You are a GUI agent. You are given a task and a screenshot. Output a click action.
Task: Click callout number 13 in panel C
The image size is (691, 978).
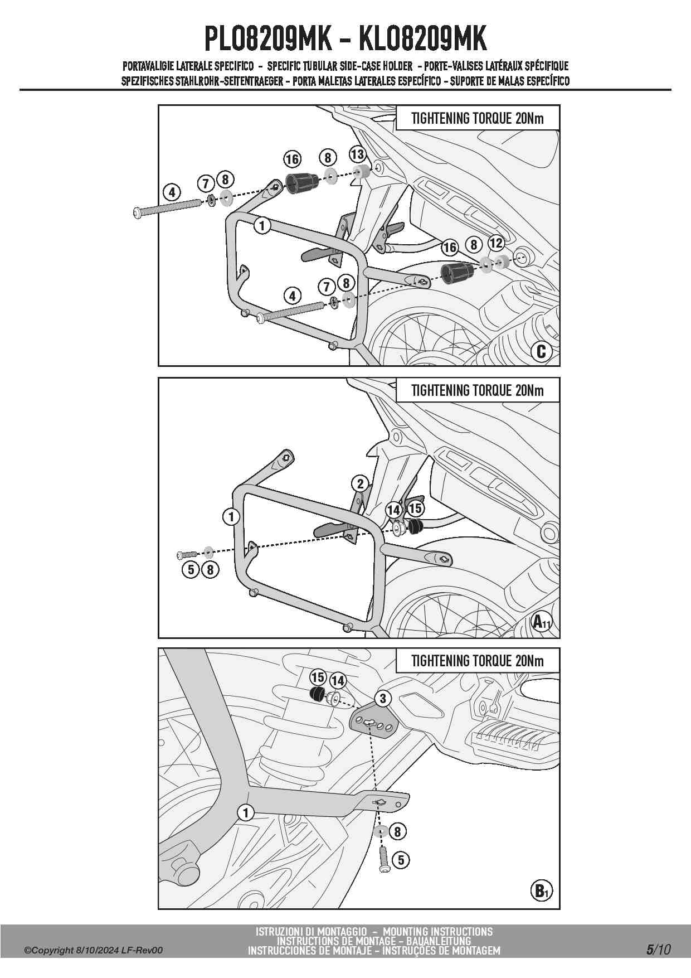pos(357,154)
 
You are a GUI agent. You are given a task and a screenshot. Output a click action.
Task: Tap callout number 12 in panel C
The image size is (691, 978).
pos(496,243)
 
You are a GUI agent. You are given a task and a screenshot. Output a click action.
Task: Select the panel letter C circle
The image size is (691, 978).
pos(541,351)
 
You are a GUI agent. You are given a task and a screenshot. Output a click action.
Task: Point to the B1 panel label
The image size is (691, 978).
pos(541,891)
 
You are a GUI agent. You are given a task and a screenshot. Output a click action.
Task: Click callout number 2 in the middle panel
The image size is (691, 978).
pos(360,483)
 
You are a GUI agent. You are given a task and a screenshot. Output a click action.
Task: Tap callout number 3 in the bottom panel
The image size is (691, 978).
pos(382,698)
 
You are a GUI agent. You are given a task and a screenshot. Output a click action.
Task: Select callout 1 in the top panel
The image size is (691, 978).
pos(261,226)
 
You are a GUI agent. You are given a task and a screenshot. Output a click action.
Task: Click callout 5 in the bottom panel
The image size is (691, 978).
pos(400,860)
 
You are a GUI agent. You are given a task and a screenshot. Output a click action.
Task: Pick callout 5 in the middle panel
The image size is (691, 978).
pos(191,569)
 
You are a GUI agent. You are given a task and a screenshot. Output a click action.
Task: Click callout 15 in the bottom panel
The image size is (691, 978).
pos(318,677)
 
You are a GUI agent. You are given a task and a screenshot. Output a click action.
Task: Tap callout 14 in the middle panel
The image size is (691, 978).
pos(393,510)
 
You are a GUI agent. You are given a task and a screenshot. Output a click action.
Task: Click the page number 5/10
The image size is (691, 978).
pos(658,950)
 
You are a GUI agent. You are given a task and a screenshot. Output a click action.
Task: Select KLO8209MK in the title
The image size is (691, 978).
pos(422,39)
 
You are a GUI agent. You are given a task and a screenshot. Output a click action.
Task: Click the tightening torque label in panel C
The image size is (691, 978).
pos(477,118)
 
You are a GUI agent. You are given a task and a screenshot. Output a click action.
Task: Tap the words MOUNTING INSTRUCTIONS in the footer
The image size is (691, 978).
pos(437,932)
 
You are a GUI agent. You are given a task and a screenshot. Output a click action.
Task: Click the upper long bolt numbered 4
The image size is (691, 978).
pos(167,208)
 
